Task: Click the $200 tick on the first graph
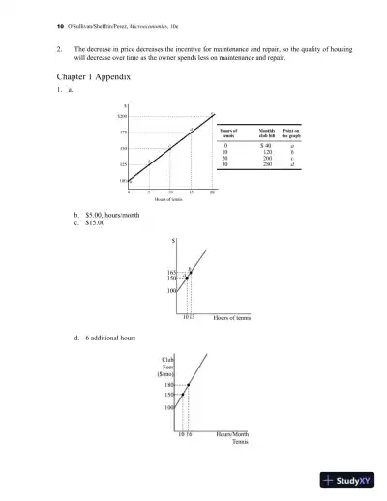pos(124,115)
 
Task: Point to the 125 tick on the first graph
pos(125,164)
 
